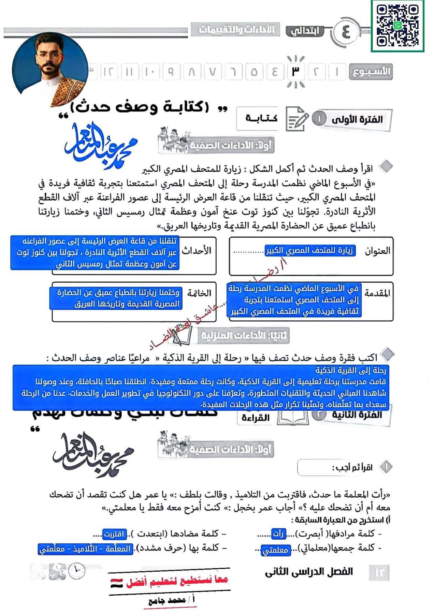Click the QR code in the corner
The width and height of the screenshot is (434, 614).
tap(397, 26)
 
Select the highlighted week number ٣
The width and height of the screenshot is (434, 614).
tap(295, 72)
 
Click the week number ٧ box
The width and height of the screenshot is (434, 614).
tap(212, 72)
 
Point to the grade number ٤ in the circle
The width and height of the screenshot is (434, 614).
tap(346, 32)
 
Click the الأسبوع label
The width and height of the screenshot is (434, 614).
tap(371, 72)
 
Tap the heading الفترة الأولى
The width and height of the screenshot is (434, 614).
tap(357, 119)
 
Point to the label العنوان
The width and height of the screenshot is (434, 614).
tap(377, 251)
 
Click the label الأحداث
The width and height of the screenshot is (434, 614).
tap(197, 251)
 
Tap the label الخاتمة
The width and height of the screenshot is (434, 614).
tap(199, 293)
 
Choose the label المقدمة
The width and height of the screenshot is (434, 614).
tap(377, 293)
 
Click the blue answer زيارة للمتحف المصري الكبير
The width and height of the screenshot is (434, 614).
tap(310, 251)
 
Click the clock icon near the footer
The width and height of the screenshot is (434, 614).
tap(77, 571)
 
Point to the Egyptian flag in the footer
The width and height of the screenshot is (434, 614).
tap(117, 583)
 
